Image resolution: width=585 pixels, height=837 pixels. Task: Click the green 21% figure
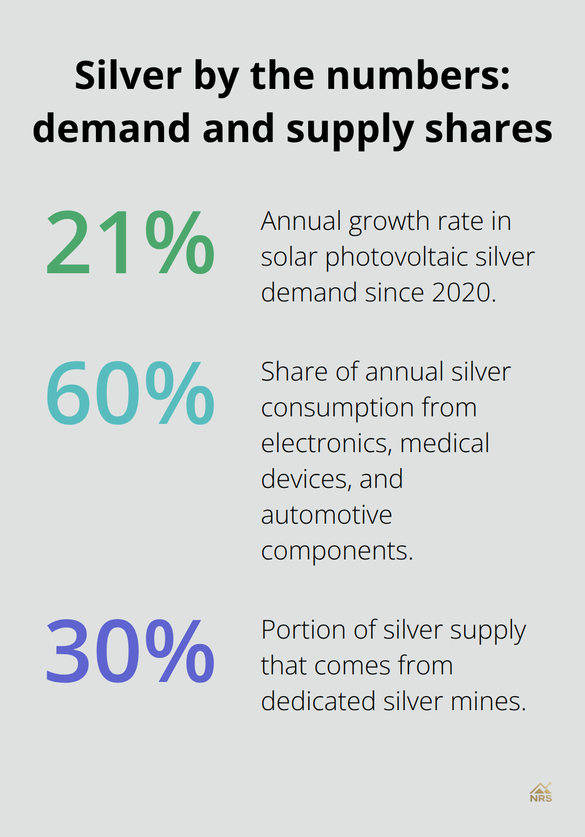point(130,242)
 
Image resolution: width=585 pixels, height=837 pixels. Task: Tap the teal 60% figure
point(130,394)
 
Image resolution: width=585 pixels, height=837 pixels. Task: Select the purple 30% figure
point(130,652)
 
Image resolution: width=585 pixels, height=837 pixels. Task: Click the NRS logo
point(541,793)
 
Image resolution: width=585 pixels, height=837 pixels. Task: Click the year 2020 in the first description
point(463,293)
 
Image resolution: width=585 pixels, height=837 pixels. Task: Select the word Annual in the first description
point(301,221)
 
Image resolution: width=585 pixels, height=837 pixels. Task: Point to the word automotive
point(327,515)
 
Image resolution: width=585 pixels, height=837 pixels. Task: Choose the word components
point(336,551)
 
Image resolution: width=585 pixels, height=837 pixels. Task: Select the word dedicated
point(318,701)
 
